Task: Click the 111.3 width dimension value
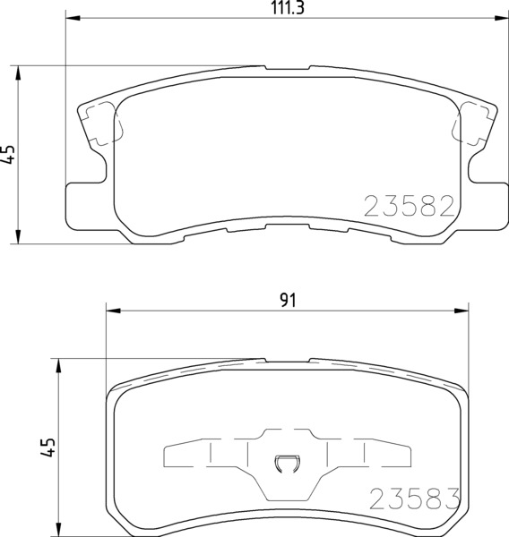pyautogui.click(x=288, y=7)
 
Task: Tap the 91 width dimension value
pyautogui.click(x=288, y=301)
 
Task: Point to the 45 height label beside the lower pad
pyautogui.click(x=48, y=447)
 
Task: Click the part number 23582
pyautogui.click(x=409, y=206)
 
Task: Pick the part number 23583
pyautogui.click(x=414, y=499)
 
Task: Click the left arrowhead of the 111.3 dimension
pyautogui.click(x=73, y=18)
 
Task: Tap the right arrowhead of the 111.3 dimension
pyautogui.click(x=501, y=18)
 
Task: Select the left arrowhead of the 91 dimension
pyautogui.click(x=114, y=311)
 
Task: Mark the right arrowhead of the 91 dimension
pyautogui.click(x=461, y=311)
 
